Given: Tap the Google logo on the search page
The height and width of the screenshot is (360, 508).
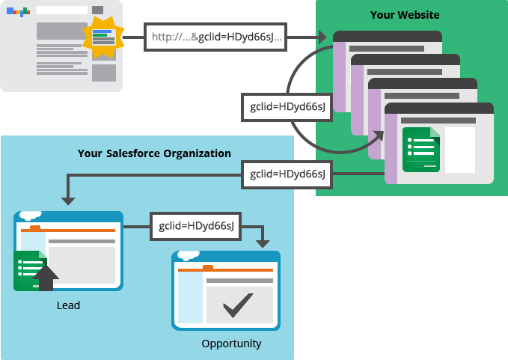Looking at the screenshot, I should [x=18, y=12].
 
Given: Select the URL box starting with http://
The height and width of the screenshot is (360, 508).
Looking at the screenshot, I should [x=215, y=37].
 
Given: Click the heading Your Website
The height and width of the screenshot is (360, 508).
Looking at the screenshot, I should [x=405, y=15].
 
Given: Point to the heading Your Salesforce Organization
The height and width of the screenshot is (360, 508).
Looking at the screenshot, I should [x=154, y=153].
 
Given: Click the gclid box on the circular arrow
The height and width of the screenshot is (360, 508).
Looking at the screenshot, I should [x=287, y=107].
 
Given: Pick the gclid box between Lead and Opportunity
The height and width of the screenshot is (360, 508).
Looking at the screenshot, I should [x=195, y=225].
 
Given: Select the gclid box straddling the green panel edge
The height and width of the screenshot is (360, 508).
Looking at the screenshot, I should [x=287, y=174].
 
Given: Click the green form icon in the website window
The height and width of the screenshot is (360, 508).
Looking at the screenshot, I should [x=420, y=150].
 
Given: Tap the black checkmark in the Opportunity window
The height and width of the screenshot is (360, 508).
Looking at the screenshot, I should [x=238, y=305].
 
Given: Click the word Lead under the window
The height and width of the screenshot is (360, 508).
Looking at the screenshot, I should [x=68, y=305].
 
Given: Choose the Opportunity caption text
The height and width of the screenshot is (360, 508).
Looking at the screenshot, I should [x=231, y=344].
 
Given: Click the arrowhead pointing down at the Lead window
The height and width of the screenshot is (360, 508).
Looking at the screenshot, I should [x=68, y=200].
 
